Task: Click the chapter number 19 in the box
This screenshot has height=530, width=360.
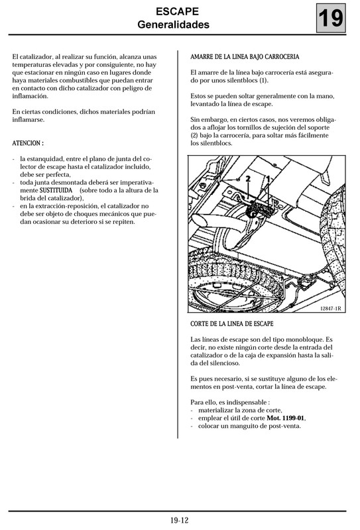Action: coord(331,19)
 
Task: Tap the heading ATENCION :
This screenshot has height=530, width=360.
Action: coord(29,143)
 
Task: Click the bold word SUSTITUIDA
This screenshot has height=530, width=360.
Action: coord(56,189)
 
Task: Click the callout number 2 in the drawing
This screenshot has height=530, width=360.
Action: coord(247,179)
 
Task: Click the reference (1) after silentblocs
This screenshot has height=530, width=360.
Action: coord(264,80)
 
